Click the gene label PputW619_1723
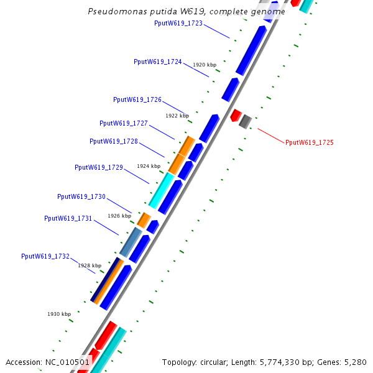click(x=178, y=23)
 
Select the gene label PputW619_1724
click(x=158, y=62)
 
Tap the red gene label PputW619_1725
click(x=310, y=142)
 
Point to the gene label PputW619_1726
click(x=137, y=99)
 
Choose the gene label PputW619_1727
click(x=124, y=123)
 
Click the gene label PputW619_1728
click(x=114, y=141)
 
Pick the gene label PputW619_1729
click(x=99, y=167)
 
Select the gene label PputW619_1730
click(x=81, y=196)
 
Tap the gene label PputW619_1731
click(x=68, y=218)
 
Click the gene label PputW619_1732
click(x=45, y=256)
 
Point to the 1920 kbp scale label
click(x=205, y=65)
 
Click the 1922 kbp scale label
click(x=177, y=116)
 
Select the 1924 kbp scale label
click(x=149, y=166)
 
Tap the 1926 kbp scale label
click(x=119, y=216)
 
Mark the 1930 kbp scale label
click(x=59, y=314)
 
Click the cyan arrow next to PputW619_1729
click(x=161, y=190)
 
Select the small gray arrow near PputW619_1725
click(x=246, y=121)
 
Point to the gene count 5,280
click(x=354, y=362)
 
